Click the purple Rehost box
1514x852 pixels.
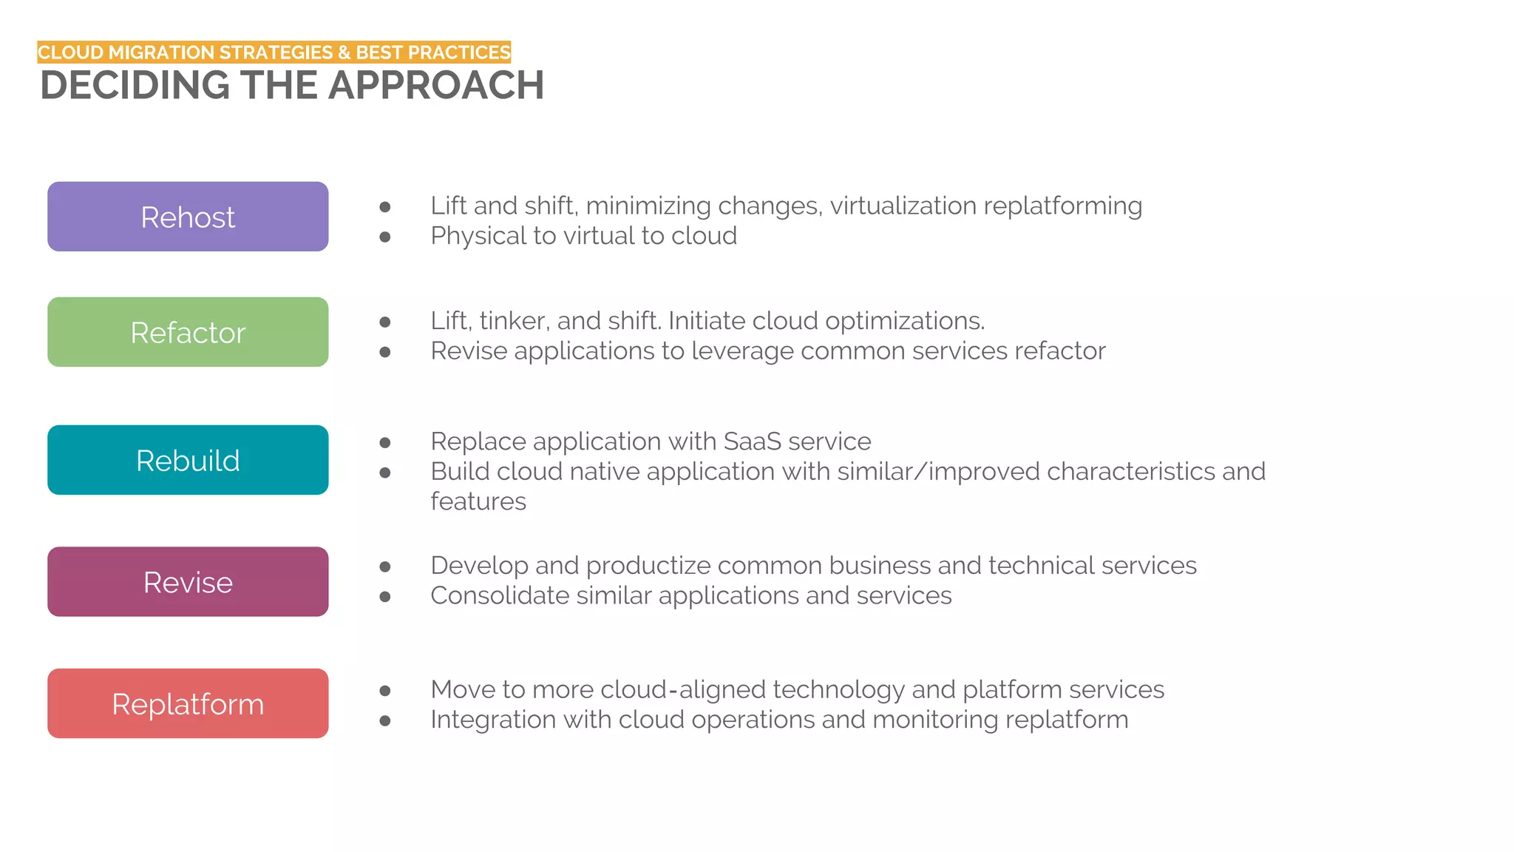pyautogui.click(x=188, y=217)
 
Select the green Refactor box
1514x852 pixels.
pyautogui.click(x=188, y=332)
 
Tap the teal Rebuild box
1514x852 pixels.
pyautogui.click(x=188, y=460)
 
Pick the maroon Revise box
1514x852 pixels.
pyautogui.click(x=188, y=582)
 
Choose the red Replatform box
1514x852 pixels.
pyautogui.click(x=188, y=703)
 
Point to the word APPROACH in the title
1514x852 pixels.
pyautogui.click(x=436, y=85)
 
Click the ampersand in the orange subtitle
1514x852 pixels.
pyautogui.click(x=344, y=53)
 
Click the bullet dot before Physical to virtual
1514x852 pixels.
pyautogui.click(x=385, y=237)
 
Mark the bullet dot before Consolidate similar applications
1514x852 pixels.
pyautogui.click(x=385, y=596)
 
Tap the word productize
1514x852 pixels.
pyautogui.click(x=648, y=566)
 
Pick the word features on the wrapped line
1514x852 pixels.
pyautogui.click(x=478, y=501)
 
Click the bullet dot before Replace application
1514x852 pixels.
pyautogui.click(x=385, y=443)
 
